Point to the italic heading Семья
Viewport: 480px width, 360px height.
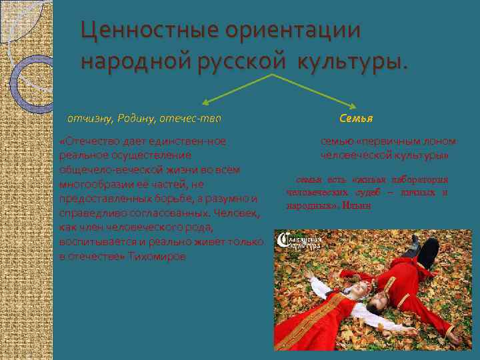(356, 118)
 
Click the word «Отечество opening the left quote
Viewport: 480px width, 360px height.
(87, 141)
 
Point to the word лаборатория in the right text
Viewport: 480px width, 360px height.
(424, 180)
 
